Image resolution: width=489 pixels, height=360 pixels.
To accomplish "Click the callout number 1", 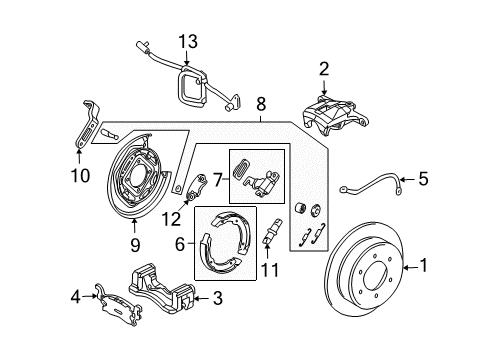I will tap(452, 267).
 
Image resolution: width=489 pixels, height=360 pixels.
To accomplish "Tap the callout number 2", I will tap(323, 69).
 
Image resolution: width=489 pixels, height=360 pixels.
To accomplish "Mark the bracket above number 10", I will tap(87, 119).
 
